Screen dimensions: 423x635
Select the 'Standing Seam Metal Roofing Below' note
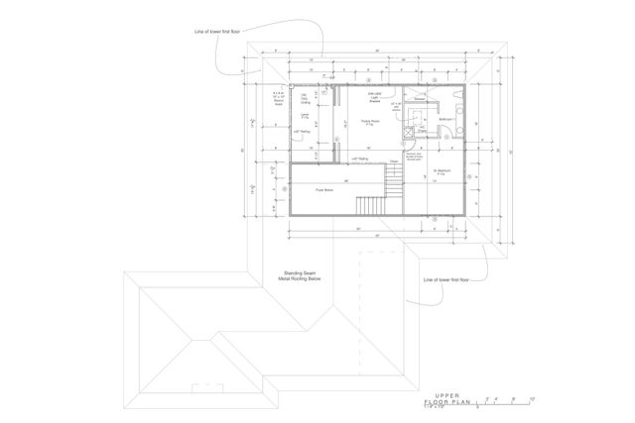click(x=297, y=276)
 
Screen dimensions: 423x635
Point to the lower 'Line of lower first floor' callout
click(x=445, y=280)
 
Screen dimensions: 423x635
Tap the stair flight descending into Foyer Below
click(x=394, y=183)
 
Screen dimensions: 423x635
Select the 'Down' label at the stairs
click(x=394, y=161)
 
